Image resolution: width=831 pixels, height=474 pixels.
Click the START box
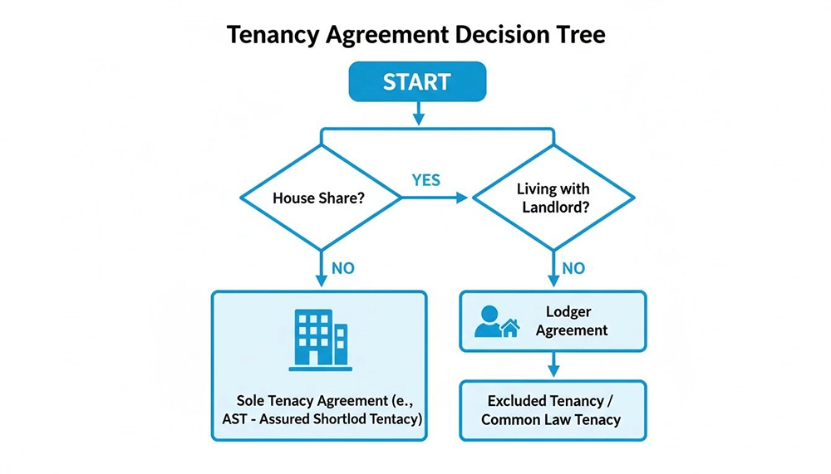(416, 82)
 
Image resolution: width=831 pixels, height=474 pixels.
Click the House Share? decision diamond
(320, 198)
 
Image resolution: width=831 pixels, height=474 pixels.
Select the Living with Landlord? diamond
(554, 198)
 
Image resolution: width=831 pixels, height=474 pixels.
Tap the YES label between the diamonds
(425, 180)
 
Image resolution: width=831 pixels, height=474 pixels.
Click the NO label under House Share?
(343, 268)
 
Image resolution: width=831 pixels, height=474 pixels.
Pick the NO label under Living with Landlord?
(573, 268)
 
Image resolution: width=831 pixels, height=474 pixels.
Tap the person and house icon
(497, 321)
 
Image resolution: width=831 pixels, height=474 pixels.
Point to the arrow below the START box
(417, 113)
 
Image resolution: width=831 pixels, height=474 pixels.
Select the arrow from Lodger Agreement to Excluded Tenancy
(553, 365)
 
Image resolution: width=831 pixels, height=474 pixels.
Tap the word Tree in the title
(578, 36)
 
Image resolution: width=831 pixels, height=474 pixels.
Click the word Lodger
(568, 312)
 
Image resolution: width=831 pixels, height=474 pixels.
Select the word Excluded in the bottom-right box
(520, 401)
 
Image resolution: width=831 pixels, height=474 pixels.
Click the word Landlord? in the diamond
(555, 208)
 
